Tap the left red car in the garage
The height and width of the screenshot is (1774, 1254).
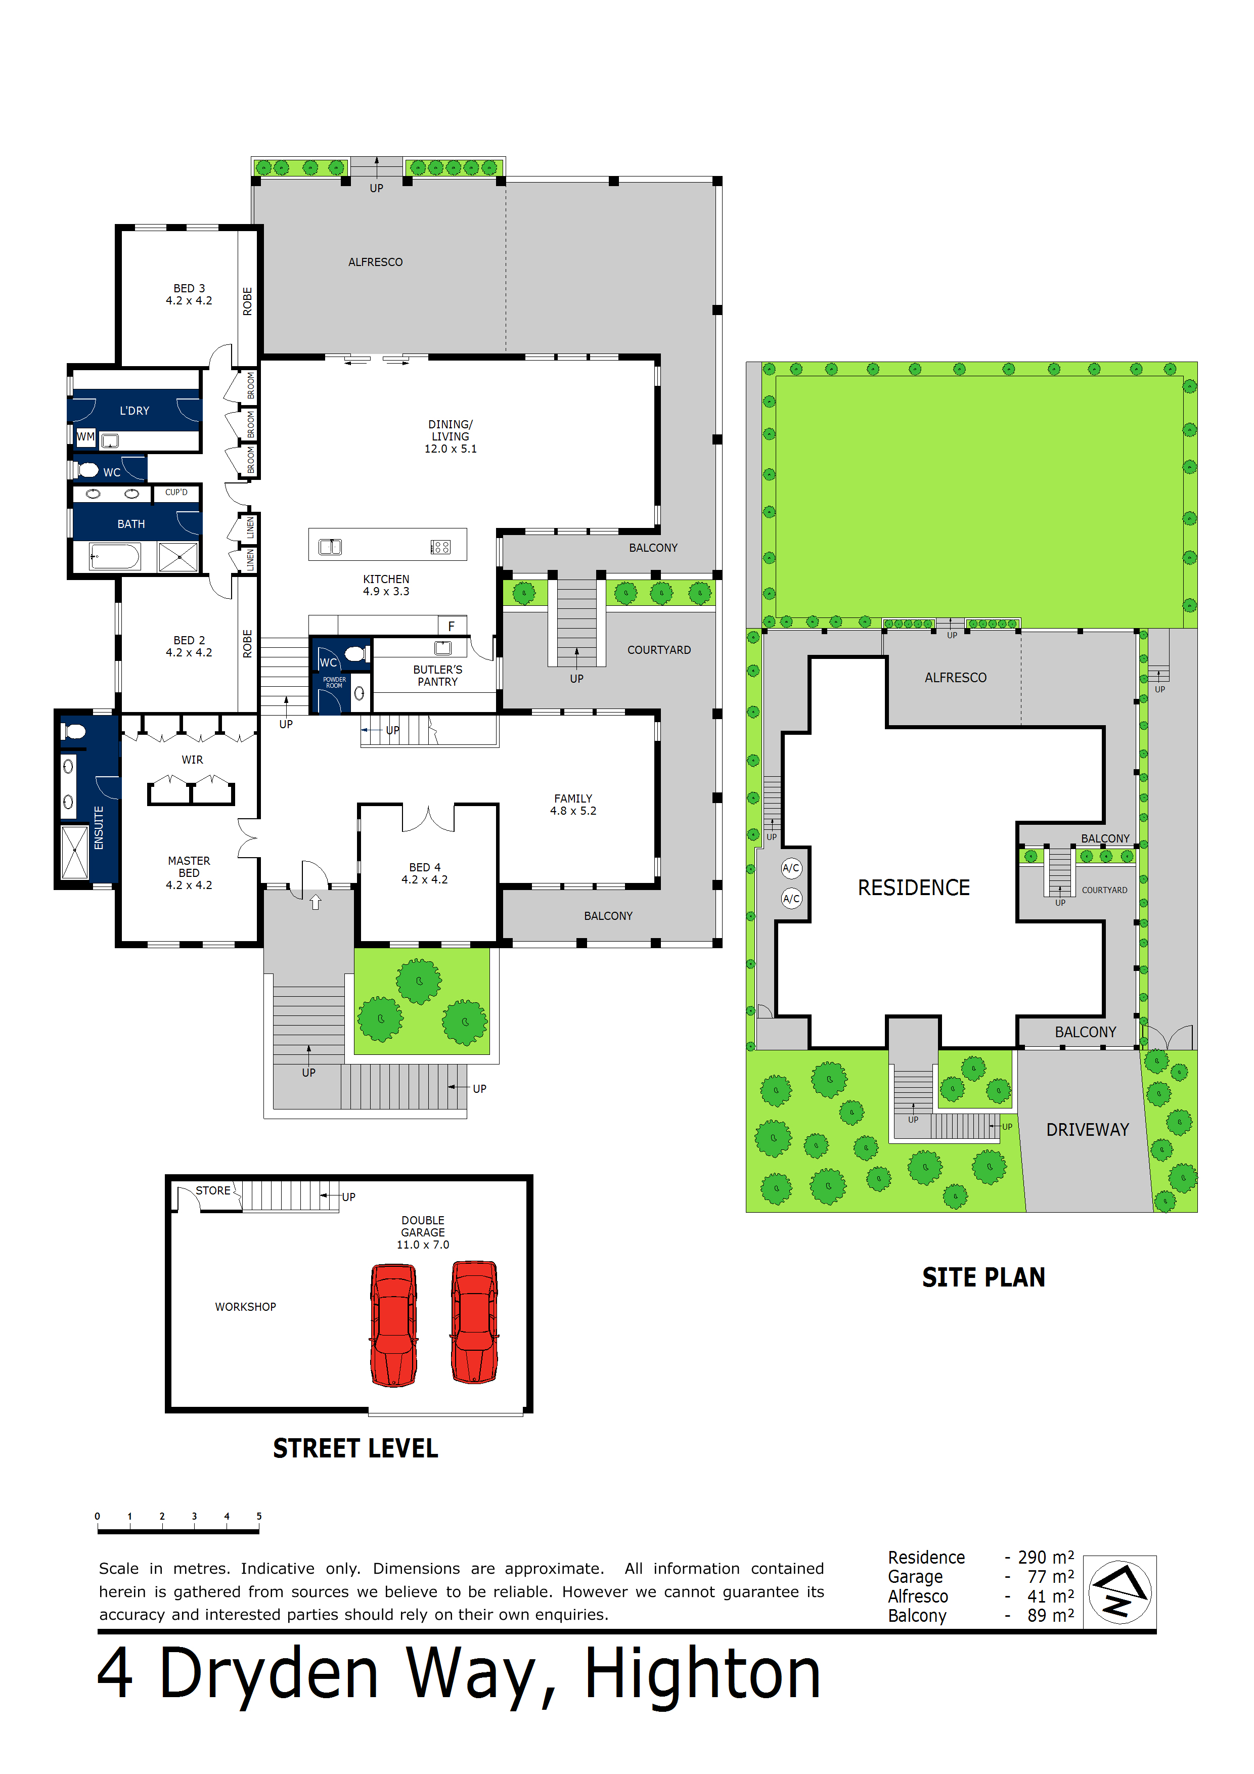point(394,1324)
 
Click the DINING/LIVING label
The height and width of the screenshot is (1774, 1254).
point(451,436)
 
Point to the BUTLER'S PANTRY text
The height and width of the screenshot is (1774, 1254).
point(437,675)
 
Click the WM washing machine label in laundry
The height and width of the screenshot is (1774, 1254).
point(85,436)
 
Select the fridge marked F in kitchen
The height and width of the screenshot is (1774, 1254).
point(451,626)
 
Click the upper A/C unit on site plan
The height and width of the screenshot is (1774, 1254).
point(791,868)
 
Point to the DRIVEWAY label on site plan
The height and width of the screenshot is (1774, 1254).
point(1087,1130)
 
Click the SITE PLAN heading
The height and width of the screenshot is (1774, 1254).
point(983,1277)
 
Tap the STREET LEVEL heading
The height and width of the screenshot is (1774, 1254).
point(355,1448)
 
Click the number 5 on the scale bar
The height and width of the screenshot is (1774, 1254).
point(259,1516)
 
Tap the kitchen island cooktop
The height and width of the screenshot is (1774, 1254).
point(440,547)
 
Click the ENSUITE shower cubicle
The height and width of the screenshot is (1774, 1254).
point(75,852)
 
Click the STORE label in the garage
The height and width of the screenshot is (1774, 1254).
point(212,1190)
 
